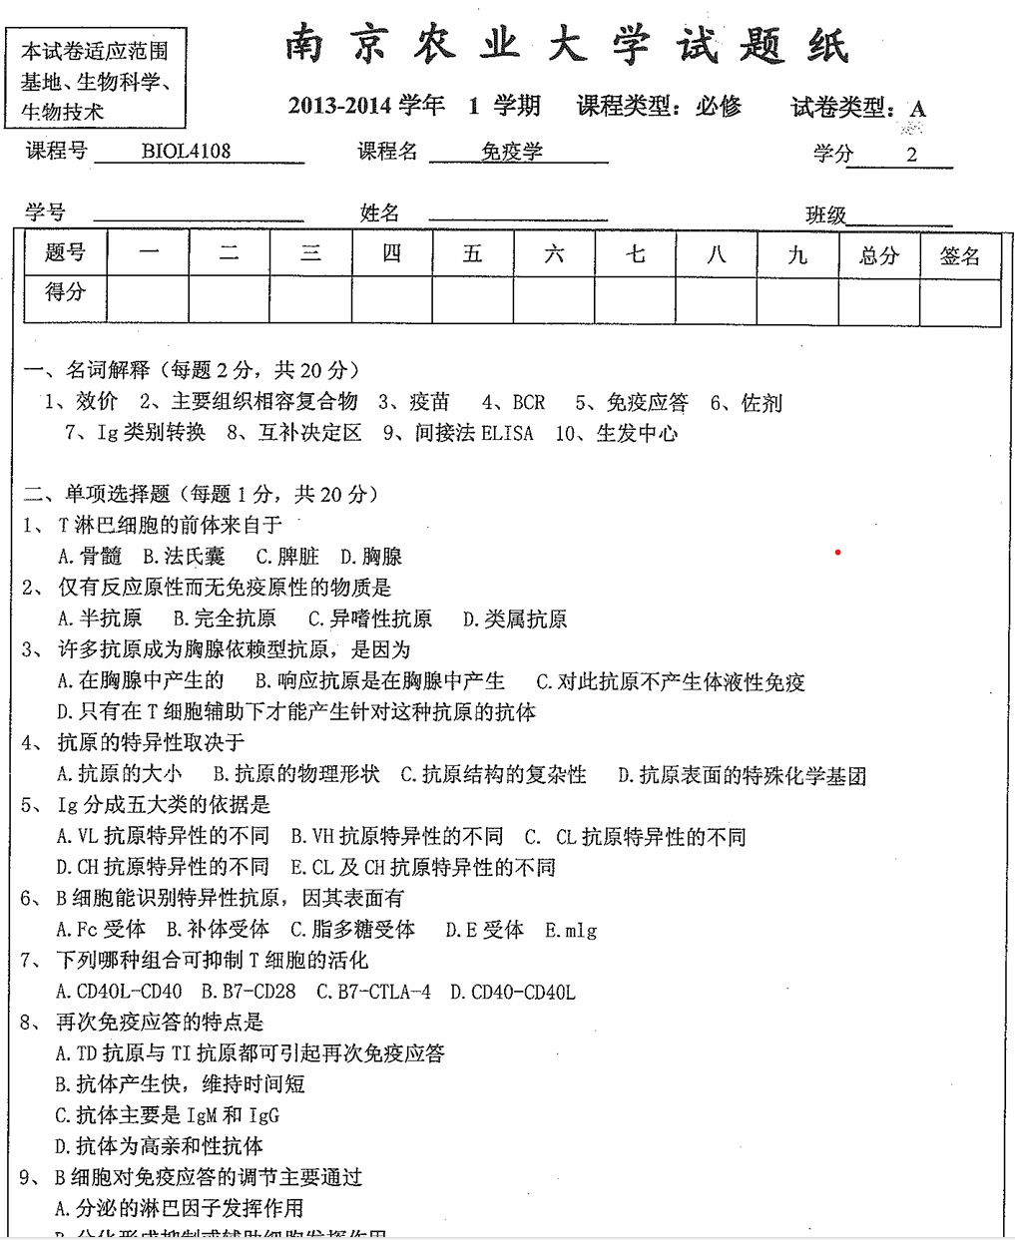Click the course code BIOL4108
[186, 152]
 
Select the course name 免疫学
[512, 152]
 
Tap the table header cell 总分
[878, 255]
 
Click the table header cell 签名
[959, 256]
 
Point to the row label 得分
[66, 292]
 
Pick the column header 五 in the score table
[472, 254]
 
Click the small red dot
[838, 552]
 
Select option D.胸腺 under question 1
[371, 557]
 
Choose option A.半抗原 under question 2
[100, 619]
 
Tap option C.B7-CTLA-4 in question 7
[373, 992]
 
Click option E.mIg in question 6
[571, 930]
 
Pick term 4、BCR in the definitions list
[513, 402]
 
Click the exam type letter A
[918, 109]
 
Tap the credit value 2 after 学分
[911, 154]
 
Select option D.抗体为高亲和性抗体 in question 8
[160, 1146]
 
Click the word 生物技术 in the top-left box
[62, 111]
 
